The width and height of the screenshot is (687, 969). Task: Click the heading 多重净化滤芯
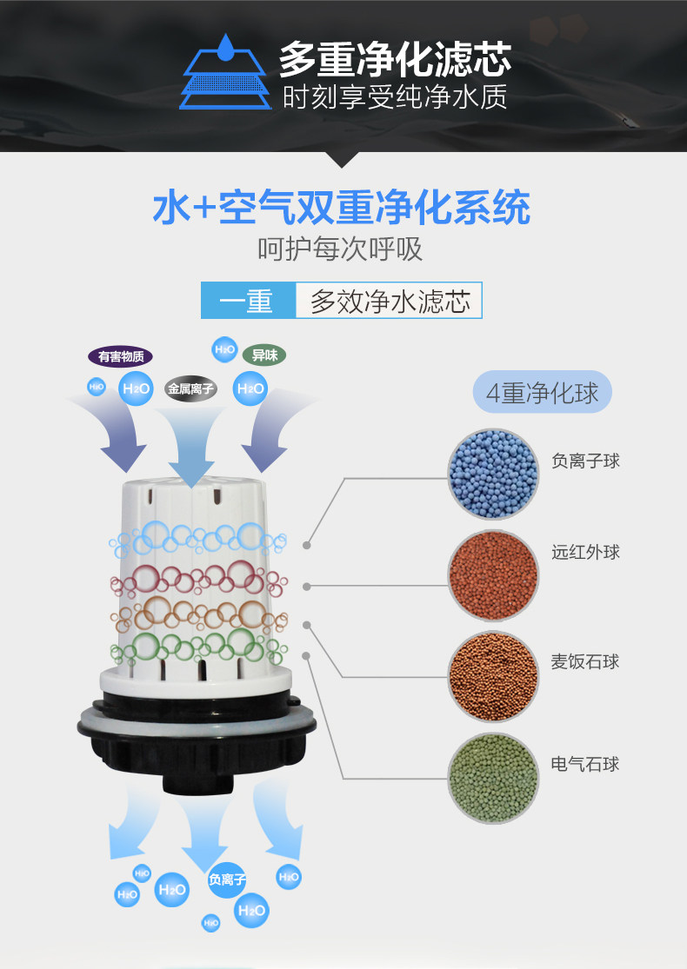pyautogui.click(x=394, y=59)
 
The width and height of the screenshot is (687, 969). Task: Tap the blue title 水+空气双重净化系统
pyautogui.click(x=341, y=209)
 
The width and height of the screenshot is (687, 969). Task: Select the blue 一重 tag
pyautogui.click(x=248, y=301)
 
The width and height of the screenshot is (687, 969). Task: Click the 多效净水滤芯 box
pyautogui.click(x=389, y=301)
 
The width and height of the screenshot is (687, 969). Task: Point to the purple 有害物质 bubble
pyautogui.click(x=121, y=356)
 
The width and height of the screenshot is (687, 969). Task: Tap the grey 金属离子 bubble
pyautogui.click(x=191, y=388)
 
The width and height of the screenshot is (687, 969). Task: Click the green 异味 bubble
pyautogui.click(x=263, y=355)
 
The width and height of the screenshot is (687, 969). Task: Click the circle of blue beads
pyautogui.click(x=493, y=474)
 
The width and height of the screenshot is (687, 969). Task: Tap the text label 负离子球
pyautogui.click(x=585, y=461)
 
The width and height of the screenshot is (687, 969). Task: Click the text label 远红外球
pyautogui.click(x=585, y=552)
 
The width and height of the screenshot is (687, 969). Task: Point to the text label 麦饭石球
pyautogui.click(x=585, y=661)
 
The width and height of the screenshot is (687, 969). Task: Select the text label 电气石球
pyautogui.click(x=585, y=765)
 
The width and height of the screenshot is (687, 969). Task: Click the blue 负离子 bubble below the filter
pyautogui.click(x=226, y=879)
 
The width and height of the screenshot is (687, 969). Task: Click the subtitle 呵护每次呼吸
pyautogui.click(x=340, y=249)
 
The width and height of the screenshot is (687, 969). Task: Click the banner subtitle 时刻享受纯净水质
pyautogui.click(x=394, y=96)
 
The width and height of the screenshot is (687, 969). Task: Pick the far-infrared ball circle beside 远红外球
pyautogui.click(x=493, y=574)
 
